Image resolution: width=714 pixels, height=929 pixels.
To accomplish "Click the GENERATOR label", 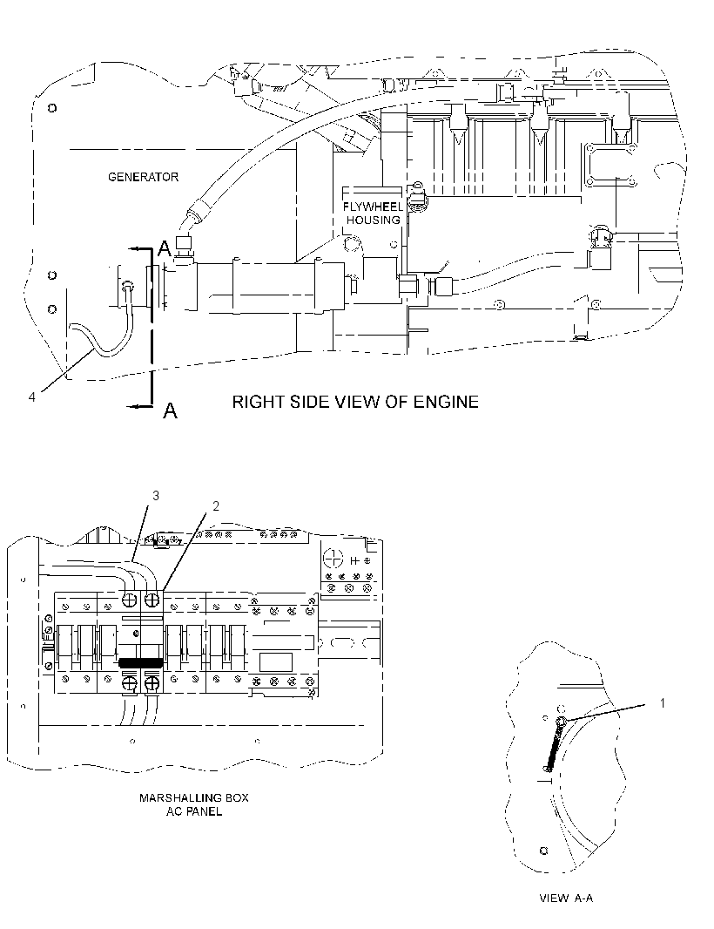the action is [143, 177].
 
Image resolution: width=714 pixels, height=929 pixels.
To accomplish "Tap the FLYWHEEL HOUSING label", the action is [373, 214].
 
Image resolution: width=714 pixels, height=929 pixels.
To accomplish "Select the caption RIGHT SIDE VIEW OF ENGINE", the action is [355, 402].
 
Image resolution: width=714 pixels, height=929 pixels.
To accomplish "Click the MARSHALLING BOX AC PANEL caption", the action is [193, 804].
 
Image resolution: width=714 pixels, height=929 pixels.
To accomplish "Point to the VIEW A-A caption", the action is [566, 898].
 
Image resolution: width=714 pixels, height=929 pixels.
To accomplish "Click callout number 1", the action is [663, 702].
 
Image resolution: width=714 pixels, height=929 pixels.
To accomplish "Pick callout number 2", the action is [216, 505].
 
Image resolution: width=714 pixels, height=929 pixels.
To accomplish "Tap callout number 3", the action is [156, 495].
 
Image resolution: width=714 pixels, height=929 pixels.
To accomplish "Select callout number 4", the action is [32, 397].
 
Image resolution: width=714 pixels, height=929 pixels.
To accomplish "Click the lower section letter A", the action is [170, 410].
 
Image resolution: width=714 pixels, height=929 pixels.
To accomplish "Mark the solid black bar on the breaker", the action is [141, 663].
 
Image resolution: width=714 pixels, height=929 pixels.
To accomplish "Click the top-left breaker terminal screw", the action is [129, 600].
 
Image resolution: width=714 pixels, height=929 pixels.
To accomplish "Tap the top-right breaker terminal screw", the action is [152, 600].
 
